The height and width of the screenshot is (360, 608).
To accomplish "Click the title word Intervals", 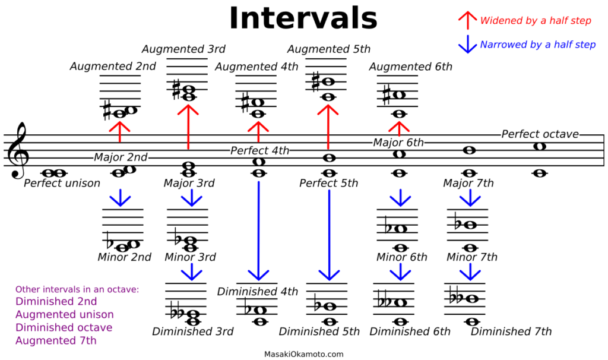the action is point(303,18).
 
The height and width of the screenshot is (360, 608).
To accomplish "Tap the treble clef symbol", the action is point(18,150).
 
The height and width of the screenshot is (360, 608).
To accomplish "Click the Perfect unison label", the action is point(62,183).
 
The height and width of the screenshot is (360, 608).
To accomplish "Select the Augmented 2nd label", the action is point(113,67).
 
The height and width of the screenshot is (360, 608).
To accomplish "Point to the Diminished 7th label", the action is point(511,331).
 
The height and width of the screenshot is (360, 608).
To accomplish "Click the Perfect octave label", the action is point(540,134).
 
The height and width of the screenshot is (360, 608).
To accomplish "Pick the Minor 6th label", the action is point(402,257).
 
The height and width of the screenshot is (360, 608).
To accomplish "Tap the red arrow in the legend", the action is point(468,20).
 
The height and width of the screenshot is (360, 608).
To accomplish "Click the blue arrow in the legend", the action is point(468,44).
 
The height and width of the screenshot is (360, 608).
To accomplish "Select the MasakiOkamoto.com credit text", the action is point(303,354).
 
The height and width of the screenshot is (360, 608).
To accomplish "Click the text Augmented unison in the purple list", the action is point(64,314).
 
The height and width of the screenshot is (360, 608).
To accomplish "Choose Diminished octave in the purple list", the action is point(64,327).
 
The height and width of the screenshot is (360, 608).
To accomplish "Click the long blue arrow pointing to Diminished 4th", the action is point(259,231).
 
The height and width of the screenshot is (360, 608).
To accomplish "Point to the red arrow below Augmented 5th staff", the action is point(328,127).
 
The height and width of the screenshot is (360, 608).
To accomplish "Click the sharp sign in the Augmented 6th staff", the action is point(386,96).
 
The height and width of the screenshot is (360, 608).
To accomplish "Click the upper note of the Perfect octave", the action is point(540,146).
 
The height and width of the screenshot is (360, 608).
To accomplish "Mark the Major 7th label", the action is point(468,183).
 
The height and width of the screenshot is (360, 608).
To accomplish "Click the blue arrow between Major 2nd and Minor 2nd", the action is point(120,198).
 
